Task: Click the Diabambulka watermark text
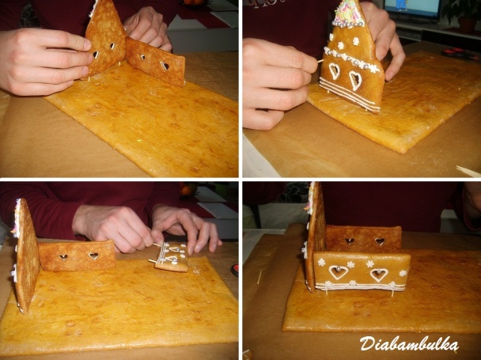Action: [408, 343]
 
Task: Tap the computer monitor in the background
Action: [411, 9]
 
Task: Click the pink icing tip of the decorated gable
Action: [348, 12]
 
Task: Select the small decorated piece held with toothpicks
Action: [172, 256]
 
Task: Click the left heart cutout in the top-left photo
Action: [95, 55]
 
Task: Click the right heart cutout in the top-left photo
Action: [165, 66]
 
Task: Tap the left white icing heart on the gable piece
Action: [335, 71]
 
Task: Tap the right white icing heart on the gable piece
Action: [355, 79]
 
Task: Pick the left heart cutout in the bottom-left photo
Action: [63, 256]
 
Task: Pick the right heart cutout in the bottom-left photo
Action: [93, 256]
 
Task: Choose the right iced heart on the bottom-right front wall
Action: [379, 275]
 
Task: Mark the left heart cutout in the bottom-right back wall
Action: [349, 241]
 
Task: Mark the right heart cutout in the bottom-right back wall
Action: [380, 241]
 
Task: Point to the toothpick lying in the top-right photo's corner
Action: [468, 170]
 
